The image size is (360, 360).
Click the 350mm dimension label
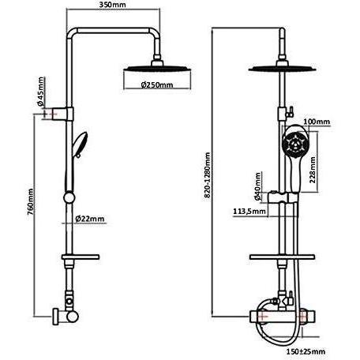[x=113, y=5]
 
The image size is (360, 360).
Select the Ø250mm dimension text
[x=157, y=84]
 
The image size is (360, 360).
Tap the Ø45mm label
[x=40, y=92]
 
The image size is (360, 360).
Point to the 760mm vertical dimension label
[x=31, y=201]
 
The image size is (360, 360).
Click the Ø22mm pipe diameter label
[x=89, y=219]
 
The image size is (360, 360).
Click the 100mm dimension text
[x=317, y=122]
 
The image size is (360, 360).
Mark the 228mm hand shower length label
[x=313, y=170]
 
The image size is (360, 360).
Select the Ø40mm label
[x=257, y=186]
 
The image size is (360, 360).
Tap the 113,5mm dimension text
[x=249, y=211]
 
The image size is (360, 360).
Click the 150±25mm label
[x=306, y=351]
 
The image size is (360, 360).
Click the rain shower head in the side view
[x=157, y=68]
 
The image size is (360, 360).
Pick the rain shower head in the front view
[x=282, y=68]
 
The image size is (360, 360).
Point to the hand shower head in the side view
[x=81, y=144]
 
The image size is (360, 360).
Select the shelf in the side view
[x=81, y=257]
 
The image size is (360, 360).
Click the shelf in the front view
[x=282, y=257]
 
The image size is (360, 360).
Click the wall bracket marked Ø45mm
[x=64, y=114]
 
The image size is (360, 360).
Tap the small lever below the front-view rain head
[x=290, y=111]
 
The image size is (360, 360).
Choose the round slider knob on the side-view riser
[x=69, y=197]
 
